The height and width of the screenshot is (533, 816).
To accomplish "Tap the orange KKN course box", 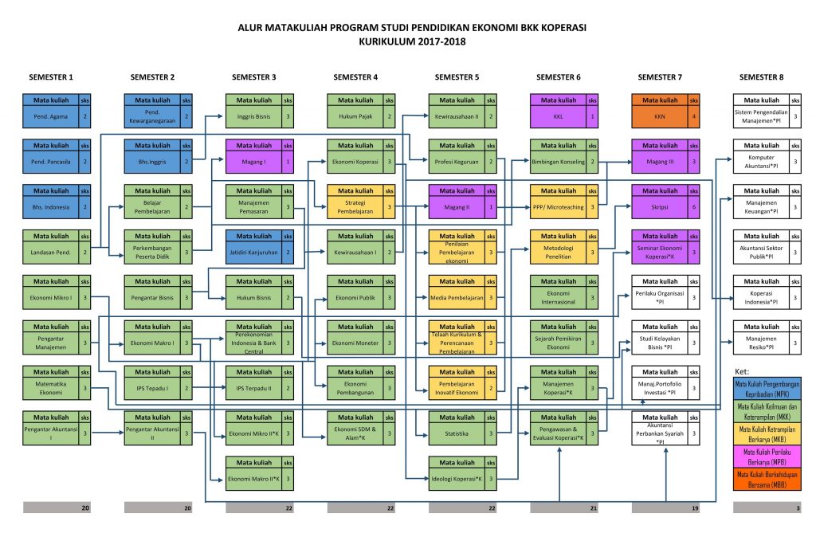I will [x=659, y=116].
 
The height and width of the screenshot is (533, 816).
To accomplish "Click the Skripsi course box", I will [x=659, y=206].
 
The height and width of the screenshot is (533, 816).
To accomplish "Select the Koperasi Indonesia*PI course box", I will [x=761, y=297].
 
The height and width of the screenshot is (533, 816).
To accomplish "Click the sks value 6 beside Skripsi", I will [x=694, y=206].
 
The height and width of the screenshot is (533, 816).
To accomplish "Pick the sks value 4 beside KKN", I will [x=694, y=116].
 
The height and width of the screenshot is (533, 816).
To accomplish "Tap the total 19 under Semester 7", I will [x=694, y=508].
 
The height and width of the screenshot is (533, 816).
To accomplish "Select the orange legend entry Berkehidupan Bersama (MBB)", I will [x=767, y=482].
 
